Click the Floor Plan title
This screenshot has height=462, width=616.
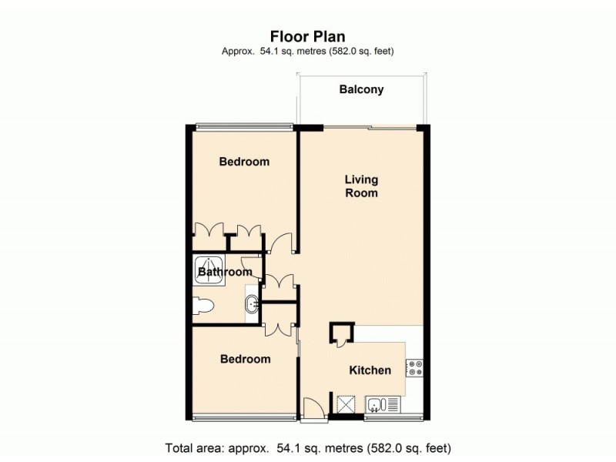coord(307,35)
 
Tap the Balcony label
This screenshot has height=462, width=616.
coord(361,90)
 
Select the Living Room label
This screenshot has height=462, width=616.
coord(361,186)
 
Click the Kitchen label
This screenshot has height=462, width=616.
coord(370,370)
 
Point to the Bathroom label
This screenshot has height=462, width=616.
coord(225,273)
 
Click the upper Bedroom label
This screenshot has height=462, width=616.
coord(244,162)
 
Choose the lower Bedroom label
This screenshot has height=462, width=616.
coord(245,359)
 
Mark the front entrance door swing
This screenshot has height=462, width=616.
coord(313,408)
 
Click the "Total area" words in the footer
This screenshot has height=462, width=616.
coord(194,447)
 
